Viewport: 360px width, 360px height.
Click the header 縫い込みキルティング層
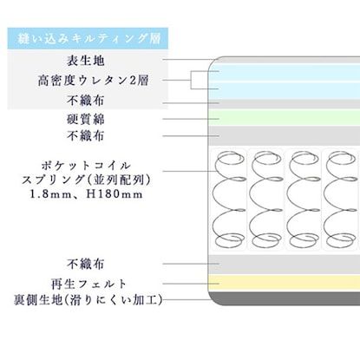(87, 39)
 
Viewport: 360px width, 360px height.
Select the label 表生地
(87, 60)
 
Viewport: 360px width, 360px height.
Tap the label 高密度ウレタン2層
(87, 80)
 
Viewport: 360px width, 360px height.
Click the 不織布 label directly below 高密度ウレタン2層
(87, 100)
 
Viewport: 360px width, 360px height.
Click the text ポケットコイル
(87, 164)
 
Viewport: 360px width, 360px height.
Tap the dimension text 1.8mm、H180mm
(87, 194)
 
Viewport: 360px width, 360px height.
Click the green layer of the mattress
(286, 118)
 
